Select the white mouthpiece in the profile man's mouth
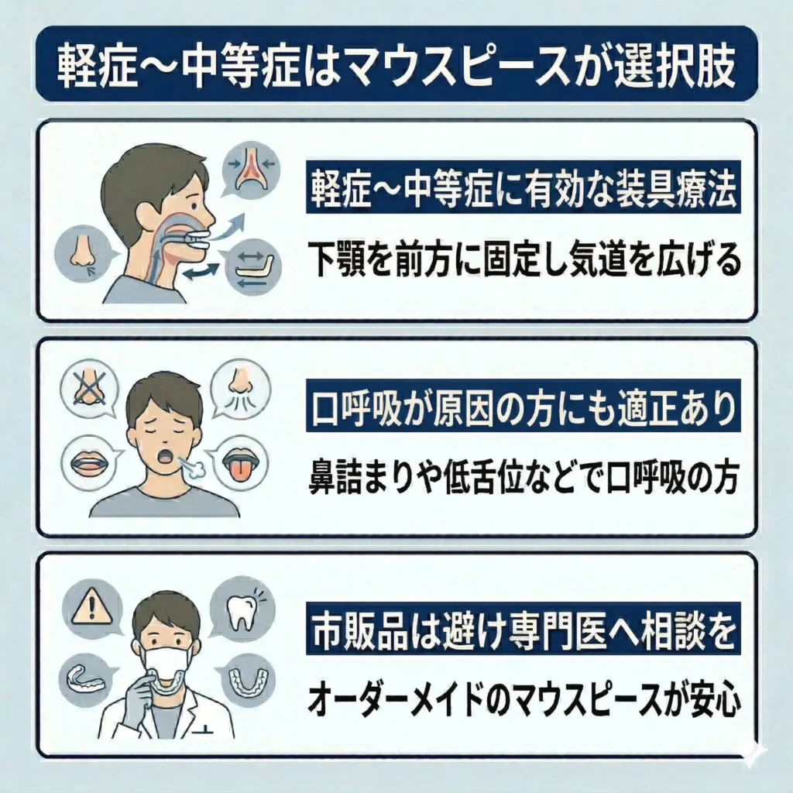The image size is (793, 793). [197, 238]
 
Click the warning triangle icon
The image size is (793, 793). [87, 604]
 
